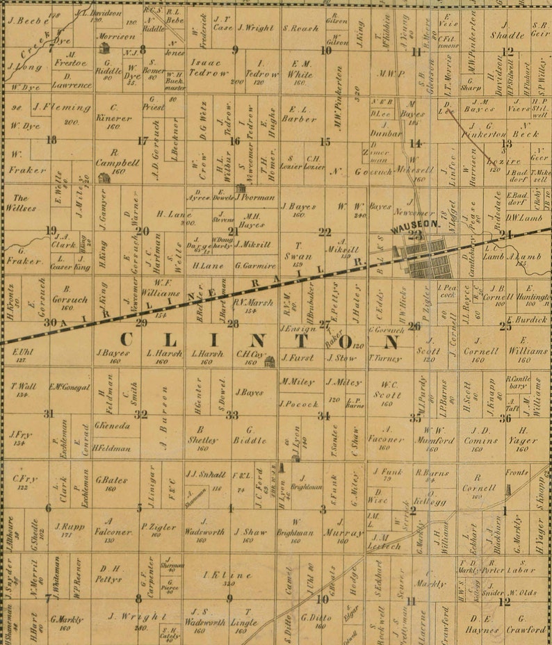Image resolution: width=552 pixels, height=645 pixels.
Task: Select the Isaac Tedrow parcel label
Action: tap(209, 67)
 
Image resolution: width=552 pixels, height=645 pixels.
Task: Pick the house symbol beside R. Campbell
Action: tap(104, 178)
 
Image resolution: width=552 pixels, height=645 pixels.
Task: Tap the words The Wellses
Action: tap(21, 202)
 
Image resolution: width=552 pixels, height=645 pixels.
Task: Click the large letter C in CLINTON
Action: tap(127, 340)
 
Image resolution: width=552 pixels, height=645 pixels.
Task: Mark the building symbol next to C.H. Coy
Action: tap(269, 361)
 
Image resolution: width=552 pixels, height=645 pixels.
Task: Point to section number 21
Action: tap(234, 231)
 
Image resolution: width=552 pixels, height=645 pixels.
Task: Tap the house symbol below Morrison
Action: tap(105, 48)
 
